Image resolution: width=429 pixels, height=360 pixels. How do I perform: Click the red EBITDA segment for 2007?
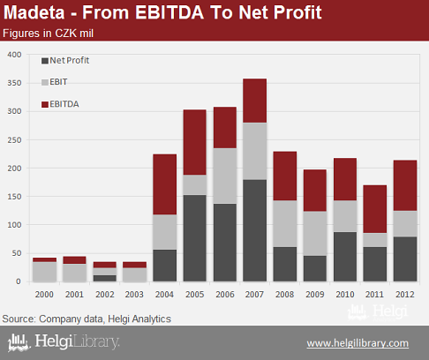[x=255, y=101]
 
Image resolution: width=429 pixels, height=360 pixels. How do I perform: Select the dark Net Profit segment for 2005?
[x=195, y=238]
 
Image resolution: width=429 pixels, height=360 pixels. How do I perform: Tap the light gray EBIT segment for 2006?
[x=225, y=176]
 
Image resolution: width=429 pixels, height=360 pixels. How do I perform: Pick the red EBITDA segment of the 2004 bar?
[x=165, y=184]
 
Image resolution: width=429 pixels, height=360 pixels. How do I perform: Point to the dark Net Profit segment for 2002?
[x=105, y=278]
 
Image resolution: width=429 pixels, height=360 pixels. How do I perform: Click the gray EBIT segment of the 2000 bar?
[x=44, y=272]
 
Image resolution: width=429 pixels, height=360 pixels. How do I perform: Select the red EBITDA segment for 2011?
[x=375, y=209]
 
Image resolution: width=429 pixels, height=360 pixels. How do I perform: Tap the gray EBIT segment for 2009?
[x=315, y=234]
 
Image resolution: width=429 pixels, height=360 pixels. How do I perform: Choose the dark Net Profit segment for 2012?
[x=405, y=259]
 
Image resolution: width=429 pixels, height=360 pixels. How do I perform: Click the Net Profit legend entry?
[x=65, y=61]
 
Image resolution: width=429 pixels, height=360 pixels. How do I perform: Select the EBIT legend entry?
[x=55, y=82]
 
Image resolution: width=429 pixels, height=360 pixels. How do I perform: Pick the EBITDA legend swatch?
[x=45, y=104]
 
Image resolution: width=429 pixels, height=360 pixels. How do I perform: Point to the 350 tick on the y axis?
[x=14, y=83]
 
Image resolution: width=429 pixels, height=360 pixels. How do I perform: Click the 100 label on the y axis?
[x=14, y=225]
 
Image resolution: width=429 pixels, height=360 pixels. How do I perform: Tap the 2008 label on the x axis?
[x=284, y=295]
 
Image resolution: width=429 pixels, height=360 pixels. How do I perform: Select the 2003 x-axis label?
[x=134, y=295]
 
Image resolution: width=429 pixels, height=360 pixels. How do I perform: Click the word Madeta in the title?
[x=34, y=12]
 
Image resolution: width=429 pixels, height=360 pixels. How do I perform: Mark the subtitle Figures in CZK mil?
[x=48, y=34]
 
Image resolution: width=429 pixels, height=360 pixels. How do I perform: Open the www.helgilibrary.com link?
[x=357, y=343]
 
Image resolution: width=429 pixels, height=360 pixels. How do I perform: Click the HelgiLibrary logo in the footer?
[x=64, y=342]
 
